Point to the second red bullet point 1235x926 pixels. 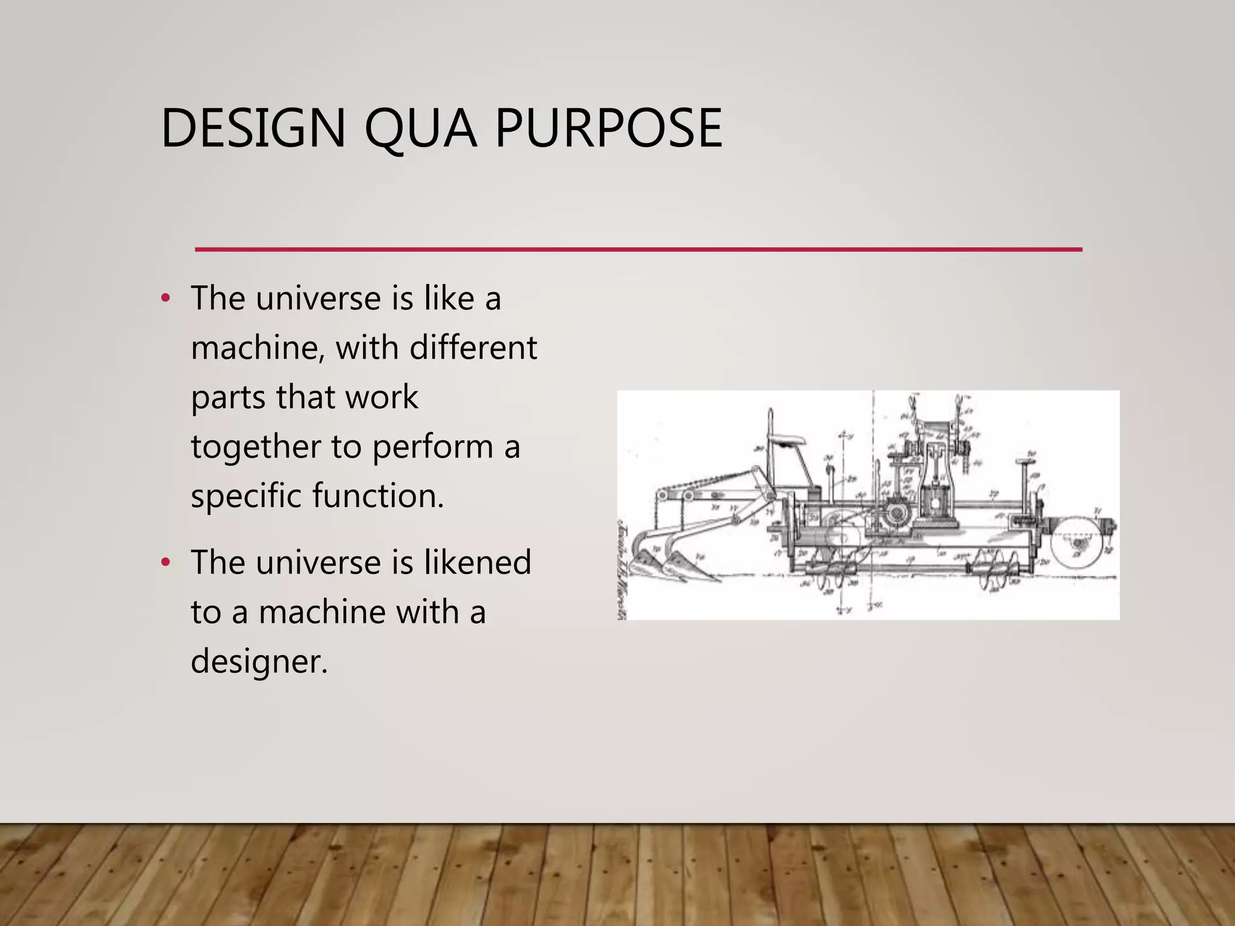click(166, 562)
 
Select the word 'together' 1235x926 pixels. click(256, 447)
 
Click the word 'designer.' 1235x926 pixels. click(259, 661)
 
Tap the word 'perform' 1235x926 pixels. click(432, 447)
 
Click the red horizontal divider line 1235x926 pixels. click(639, 249)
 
